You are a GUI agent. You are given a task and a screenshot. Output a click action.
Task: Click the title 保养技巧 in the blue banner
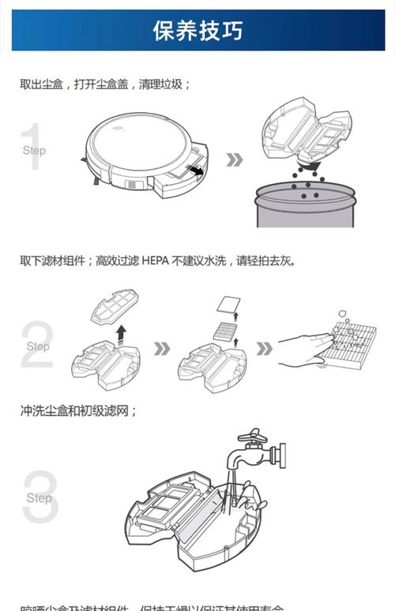click(197, 31)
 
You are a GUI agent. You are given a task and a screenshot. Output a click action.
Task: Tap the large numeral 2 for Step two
click(36, 345)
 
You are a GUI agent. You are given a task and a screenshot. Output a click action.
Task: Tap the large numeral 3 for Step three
click(39, 497)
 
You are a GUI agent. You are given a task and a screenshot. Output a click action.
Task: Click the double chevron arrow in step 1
click(234, 159)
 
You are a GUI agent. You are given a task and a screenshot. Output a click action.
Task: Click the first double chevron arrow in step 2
click(161, 348)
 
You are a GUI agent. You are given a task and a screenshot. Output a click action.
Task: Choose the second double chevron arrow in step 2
click(265, 348)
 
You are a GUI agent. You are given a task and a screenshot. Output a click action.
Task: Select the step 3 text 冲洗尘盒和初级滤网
click(78, 410)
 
